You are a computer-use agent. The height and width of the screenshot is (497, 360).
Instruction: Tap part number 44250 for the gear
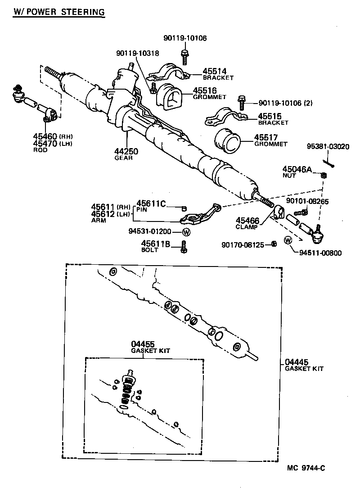126,151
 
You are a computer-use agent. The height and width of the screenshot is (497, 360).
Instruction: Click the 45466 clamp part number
247,221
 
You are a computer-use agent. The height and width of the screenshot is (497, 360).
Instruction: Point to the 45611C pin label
151,203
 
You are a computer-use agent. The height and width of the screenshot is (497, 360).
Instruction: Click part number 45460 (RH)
45,136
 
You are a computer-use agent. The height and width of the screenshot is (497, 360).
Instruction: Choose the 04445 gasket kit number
297,362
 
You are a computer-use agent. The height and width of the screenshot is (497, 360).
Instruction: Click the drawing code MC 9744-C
306,468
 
